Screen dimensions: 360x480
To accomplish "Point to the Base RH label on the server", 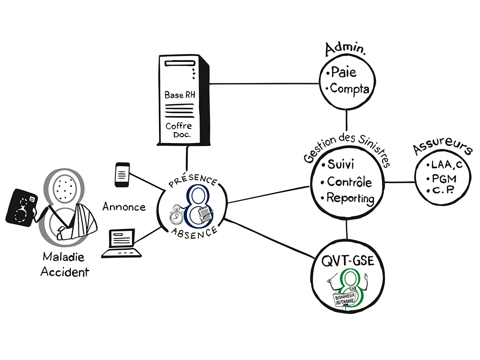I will pyautogui.click(x=178, y=94).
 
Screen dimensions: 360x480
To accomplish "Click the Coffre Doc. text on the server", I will pyautogui.click(x=178, y=130).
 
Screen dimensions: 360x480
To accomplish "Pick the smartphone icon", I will pyautogui.click(x=122, y=174).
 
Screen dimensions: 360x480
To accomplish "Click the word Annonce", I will pyautogui.click(x=123, y=206).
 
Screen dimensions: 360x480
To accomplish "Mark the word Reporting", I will pyautogui.click(x=350, y=198).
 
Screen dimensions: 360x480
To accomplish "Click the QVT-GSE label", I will pyautogui.click(x=348, y=261).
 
